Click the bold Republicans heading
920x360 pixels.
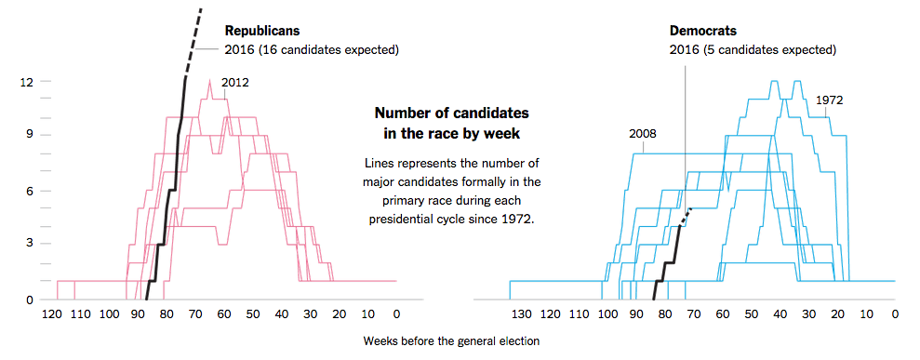[x=260, y=32]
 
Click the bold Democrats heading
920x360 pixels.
[x=703, y=32]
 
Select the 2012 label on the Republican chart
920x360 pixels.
[x=234, y=83]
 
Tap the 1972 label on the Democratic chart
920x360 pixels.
[x=828, y=100]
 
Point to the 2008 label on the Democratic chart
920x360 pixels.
[x=643, y=133]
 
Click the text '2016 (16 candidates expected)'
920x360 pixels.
[x=312, y=49]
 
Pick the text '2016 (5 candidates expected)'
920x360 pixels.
[x=753, y=49]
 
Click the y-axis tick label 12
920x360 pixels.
[x=27, y=82]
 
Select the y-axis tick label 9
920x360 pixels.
[x=30, y=135]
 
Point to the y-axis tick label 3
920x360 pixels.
[x=30, y=244]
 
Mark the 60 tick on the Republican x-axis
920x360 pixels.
[x=224, y=315]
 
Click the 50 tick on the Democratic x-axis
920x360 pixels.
[x=751, y=315]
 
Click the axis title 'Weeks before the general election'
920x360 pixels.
[x=452, y=340]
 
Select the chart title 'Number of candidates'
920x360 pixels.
[x=451, y=113]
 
